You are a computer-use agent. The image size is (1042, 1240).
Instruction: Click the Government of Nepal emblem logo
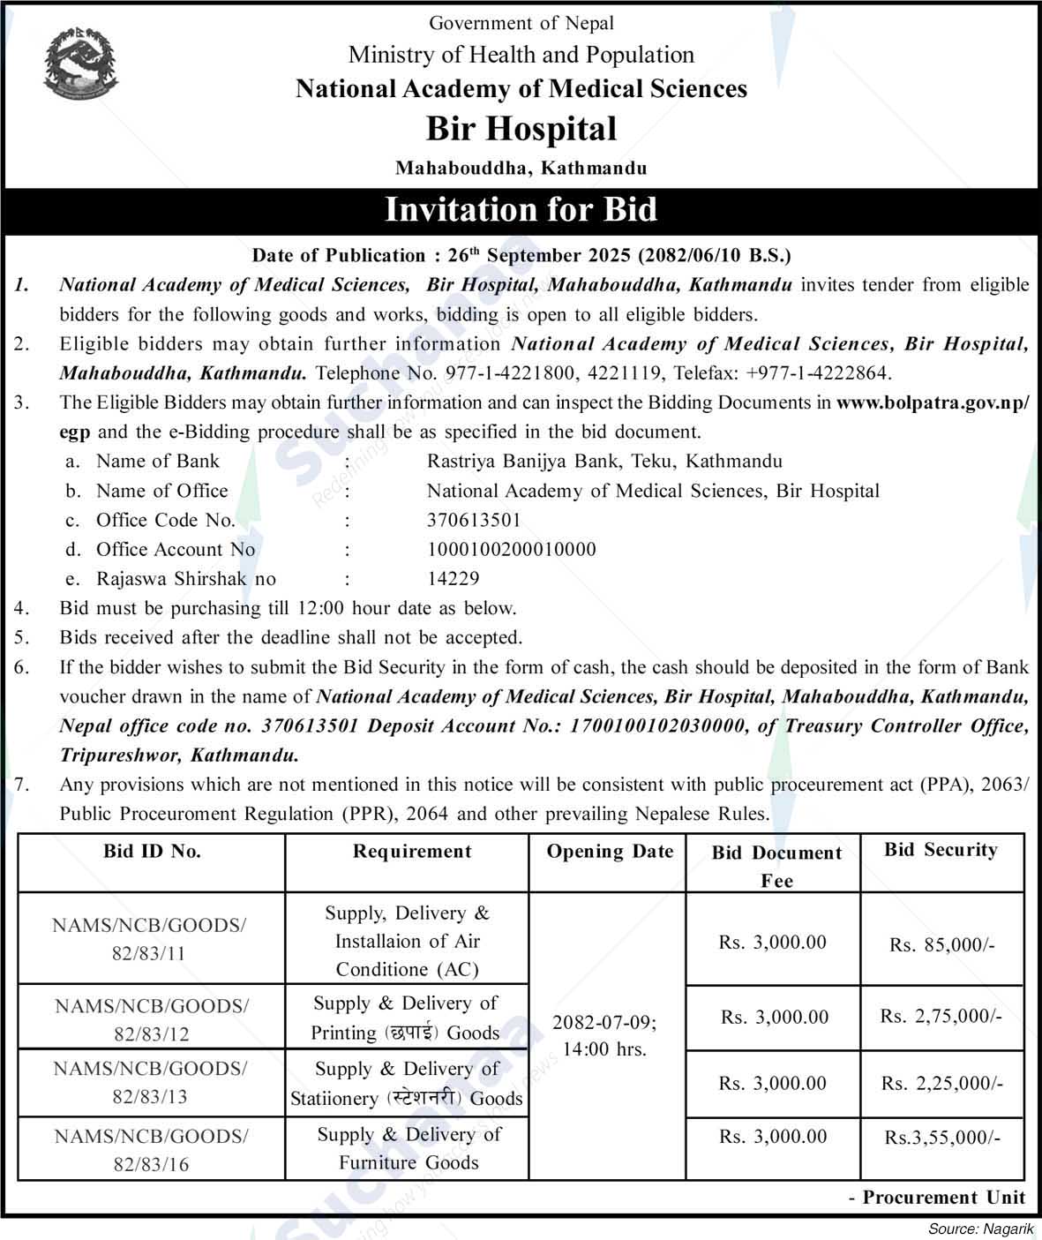[x=80, y=62]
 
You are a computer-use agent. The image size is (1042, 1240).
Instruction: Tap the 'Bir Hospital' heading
[x=521, y=129]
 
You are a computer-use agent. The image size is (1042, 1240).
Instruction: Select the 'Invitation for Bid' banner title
[x=521, y=210]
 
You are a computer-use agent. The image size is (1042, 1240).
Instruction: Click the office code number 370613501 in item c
[x=474, y=520]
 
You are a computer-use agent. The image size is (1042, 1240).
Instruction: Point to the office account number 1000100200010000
[x=512, y=549]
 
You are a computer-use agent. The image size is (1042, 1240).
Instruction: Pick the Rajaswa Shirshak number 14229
[x=454, y=579]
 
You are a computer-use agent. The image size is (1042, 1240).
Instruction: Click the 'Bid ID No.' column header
[x=152, y=852]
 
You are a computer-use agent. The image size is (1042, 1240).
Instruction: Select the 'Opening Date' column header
[x=610, y=852]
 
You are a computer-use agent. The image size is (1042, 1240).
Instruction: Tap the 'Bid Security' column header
[x=941, y=851]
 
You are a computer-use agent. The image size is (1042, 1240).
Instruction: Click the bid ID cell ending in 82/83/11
[x=150, y=939]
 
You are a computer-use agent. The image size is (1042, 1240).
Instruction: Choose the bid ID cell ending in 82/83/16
[x=151, y=1150]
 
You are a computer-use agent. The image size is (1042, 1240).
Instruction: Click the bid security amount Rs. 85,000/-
[x=941, y=945]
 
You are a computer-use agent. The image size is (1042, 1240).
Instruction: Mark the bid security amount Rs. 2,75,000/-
[x=941, y=1017]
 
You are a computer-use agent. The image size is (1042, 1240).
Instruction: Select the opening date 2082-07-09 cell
[x=605, y=1035]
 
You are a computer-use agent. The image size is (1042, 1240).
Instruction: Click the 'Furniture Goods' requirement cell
[x=409, y=1148]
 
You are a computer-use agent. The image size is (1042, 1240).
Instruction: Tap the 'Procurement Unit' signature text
[x=937, y=1198]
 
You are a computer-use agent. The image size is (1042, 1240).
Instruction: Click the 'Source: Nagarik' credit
[x=980, y=1229]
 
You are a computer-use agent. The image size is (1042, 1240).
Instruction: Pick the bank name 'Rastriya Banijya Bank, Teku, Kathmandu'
[x=604, y=461]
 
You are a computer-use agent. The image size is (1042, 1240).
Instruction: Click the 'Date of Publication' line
[x=521, y=255]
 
